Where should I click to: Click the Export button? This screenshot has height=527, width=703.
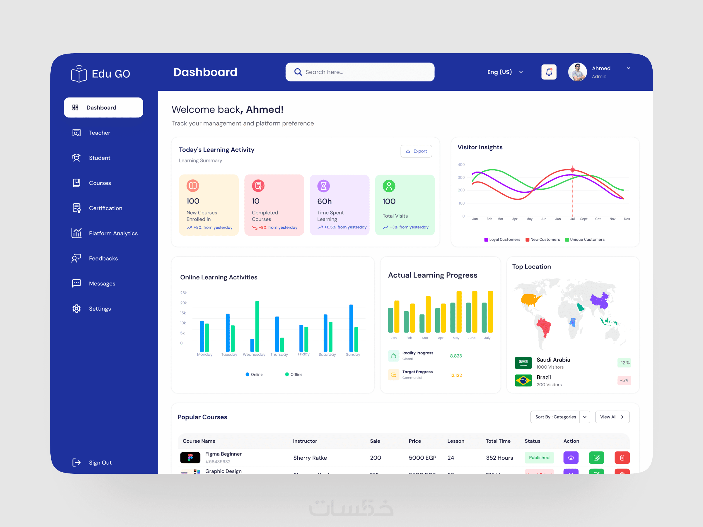tap(416, 151)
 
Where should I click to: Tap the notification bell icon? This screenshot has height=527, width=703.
tap(549, 72)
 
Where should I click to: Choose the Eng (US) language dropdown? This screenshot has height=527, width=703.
tap(505, 72)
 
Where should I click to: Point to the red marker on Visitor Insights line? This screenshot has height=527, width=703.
tap(572, 170)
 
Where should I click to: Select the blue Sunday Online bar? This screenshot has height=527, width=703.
tap(351, 328)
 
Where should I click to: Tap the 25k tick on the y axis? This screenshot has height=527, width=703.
tap(183, 293)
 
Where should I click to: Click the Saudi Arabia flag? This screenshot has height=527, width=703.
tap(523, 363)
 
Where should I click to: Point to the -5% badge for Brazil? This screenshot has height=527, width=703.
tap(624, 380)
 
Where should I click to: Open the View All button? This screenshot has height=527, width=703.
tap(612, 417)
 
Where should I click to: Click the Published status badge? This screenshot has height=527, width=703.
tap(539, 457)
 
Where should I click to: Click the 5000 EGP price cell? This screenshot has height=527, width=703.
tap(422, 458)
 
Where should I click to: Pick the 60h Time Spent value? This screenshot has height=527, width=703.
tap(324, 201)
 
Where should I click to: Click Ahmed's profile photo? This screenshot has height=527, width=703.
tap(577, 72)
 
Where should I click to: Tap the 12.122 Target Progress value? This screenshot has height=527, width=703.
tap(456, 375)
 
